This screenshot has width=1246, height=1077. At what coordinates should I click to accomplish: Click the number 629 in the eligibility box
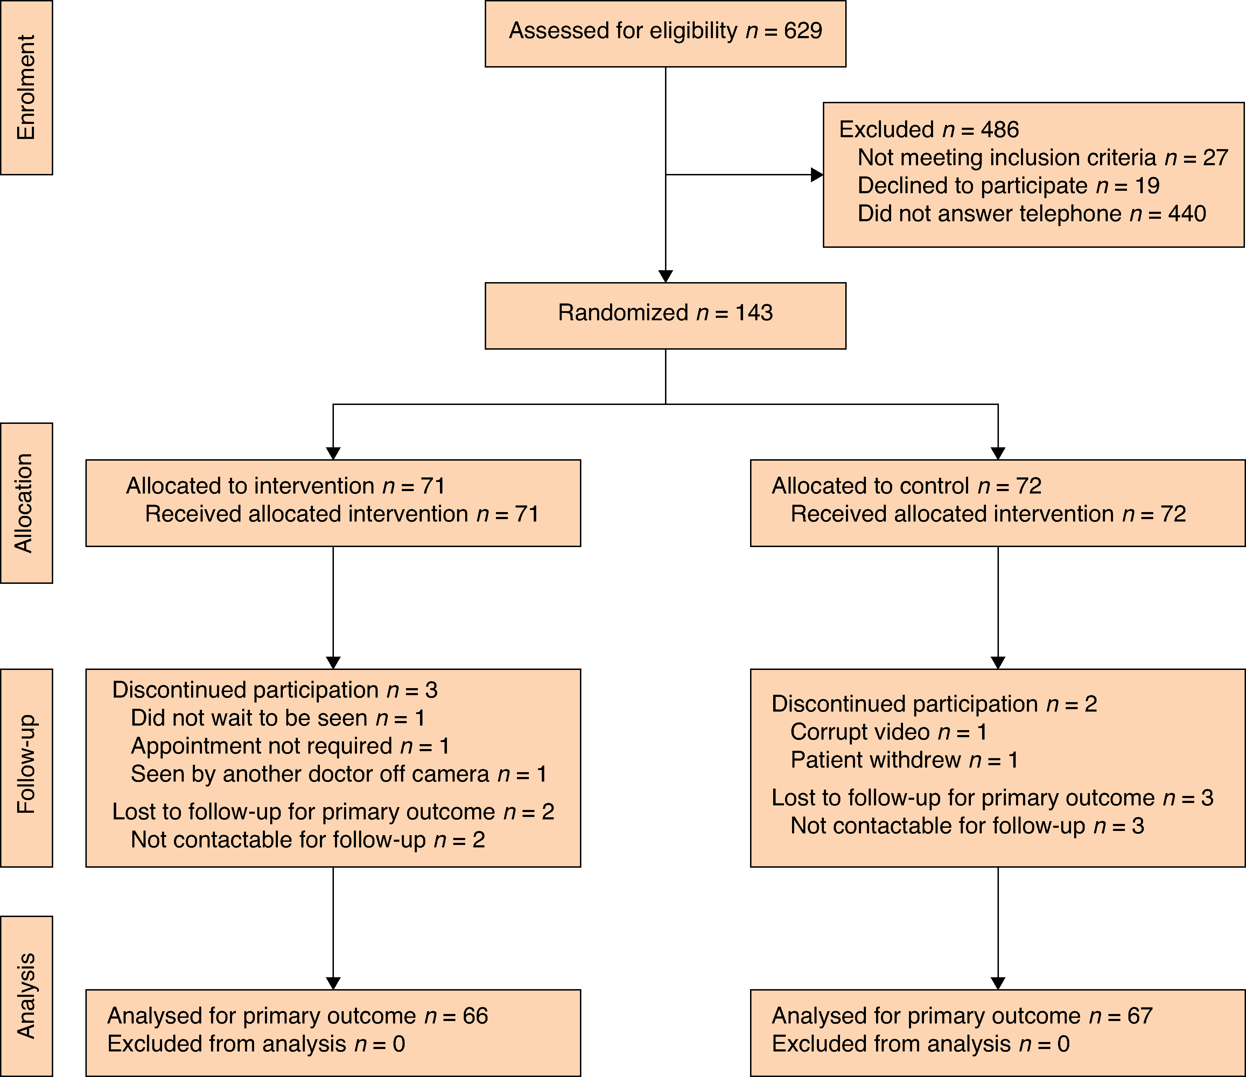coord(803,31)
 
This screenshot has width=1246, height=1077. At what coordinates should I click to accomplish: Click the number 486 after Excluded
coord(1000,129)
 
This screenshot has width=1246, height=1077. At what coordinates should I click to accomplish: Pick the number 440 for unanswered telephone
coord(1187,214)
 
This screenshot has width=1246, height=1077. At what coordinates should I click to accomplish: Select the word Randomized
coord(623,313)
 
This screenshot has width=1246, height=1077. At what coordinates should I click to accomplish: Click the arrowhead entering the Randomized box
coord(666,276)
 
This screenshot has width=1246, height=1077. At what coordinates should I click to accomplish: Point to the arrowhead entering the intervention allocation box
coord(333,453)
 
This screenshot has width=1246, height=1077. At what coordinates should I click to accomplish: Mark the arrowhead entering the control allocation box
coord(998,453)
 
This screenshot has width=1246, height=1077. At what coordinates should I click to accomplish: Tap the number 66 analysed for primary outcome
coord(475,1016)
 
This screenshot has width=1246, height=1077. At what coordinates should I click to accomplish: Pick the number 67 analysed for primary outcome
coord(1140,1016)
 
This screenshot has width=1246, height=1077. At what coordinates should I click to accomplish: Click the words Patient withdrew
coord(876,760)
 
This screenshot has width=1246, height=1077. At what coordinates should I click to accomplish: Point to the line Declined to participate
coord(1008,186)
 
